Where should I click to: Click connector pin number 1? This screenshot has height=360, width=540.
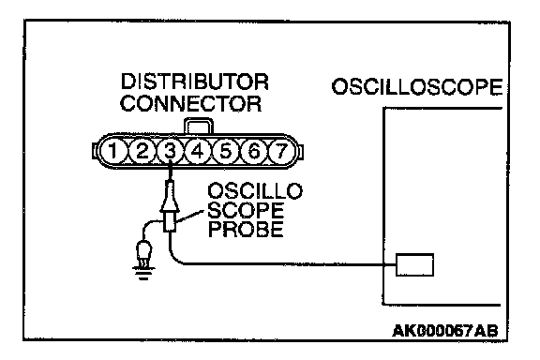113,151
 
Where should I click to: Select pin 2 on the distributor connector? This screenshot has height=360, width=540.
142,151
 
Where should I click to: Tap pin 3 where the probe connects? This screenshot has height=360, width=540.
170,151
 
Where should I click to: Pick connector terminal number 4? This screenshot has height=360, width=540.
198,151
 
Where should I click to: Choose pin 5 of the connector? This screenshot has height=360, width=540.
226,151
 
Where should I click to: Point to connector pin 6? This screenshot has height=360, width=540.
254,151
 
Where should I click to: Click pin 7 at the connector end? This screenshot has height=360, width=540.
281,151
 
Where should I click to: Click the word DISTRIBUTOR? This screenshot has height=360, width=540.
195,82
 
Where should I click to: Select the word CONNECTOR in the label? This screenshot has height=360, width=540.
191,103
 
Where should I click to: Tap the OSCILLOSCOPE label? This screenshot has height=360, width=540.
417,86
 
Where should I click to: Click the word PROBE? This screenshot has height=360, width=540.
247,229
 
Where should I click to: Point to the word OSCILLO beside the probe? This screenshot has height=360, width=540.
255,191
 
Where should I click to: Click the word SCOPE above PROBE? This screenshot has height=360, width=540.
246,210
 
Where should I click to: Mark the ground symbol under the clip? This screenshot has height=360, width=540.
143,273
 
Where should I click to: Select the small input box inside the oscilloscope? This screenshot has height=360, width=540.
414,265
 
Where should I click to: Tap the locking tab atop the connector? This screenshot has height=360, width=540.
199,126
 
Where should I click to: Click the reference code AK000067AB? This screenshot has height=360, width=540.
445,331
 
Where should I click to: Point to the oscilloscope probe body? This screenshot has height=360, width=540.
170,206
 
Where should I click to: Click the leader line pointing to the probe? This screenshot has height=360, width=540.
188,217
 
